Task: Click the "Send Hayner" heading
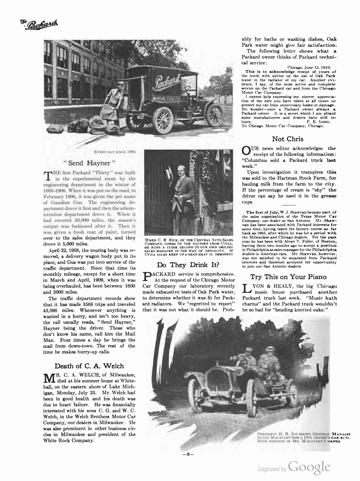(89, 164)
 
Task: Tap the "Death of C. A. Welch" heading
(89, 366)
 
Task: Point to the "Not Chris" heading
(288, 139)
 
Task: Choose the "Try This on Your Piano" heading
(288, 277)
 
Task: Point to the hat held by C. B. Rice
(169, 174)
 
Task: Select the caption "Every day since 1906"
(115, 152)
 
